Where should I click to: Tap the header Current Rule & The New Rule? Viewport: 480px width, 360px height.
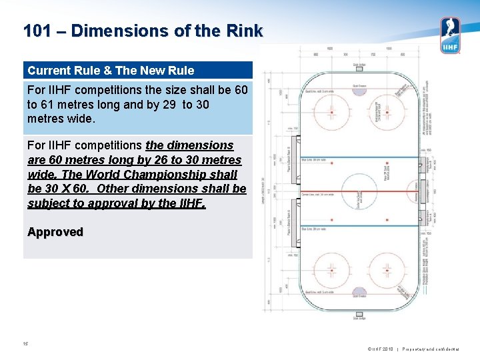click(111, 70)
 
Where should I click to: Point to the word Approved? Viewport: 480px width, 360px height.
click(55, 232)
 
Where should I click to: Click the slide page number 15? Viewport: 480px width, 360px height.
click(26, 344)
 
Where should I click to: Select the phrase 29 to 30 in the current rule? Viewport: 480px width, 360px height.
click(188, 105)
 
